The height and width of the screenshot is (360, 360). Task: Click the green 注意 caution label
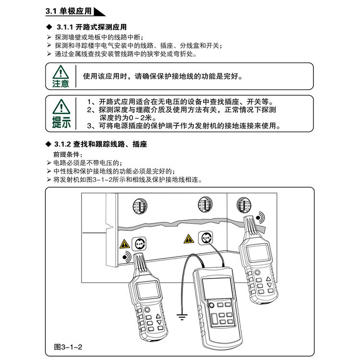(60, 84)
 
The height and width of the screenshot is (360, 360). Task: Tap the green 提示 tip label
(61, 123)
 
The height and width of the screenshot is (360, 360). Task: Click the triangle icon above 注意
(60, 72)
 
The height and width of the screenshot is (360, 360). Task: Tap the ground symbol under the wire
(181, 316)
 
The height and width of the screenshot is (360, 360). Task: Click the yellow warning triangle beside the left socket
(125, 244)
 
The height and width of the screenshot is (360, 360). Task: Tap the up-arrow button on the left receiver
(160, 317)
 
